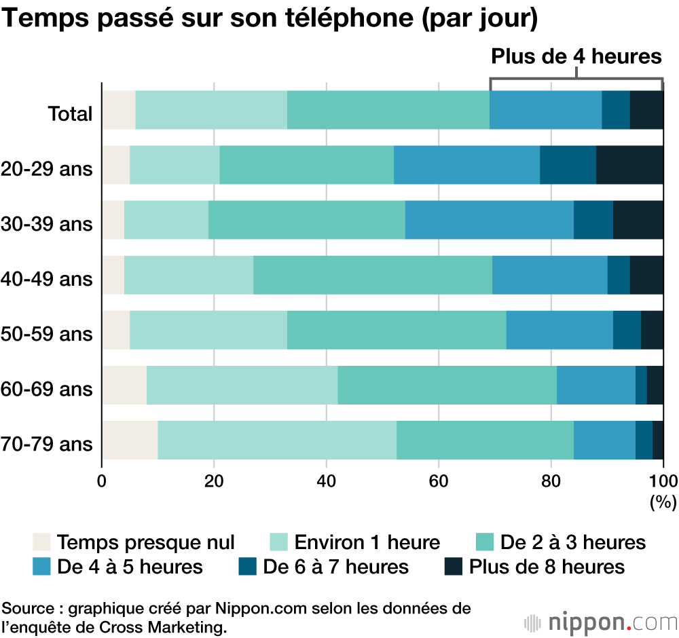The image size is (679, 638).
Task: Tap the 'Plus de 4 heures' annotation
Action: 576,56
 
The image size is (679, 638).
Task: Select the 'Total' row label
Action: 69,113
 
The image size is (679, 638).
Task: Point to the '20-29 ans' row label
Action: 47,168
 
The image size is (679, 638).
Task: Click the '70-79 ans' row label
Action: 47,445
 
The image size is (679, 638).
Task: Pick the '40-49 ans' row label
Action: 47,278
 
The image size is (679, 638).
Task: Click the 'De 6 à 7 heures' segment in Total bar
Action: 616,109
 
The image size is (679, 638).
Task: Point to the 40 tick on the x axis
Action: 327,481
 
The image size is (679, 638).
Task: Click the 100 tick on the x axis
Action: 663,481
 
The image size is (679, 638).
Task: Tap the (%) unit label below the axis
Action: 663,503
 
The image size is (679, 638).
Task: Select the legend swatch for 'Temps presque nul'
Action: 42,542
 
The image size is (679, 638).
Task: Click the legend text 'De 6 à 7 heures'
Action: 336,566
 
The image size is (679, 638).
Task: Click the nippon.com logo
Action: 600,621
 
